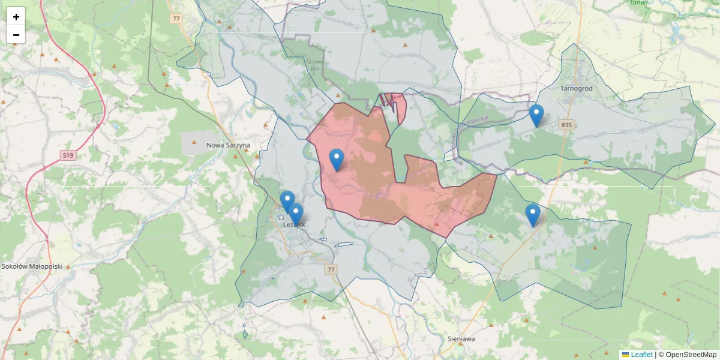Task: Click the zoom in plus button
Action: pyautogui.click(x=16, y=17)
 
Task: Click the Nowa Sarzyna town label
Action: pyautogui.click(x=228, y=145)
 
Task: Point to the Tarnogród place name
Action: pyautogui.click(x=576, y=88)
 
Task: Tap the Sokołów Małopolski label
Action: pyautogui.click(x=32, y=266)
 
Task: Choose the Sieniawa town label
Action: pyautogui.click(x=461, y=338)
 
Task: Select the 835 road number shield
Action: pyautogui.click(x=566, y=125)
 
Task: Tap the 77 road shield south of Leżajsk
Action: pyautogui.click(x=331, y=270)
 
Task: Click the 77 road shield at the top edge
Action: pyautogui.click(x=176, y=19)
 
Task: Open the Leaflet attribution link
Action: pyautogui.click(x=641, y=355)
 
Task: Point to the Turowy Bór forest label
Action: pyautogui.click(x=314, y=64)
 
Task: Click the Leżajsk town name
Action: pyautogui.click(x=294, y=224)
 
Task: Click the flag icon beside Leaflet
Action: pyautogui.click(x=625, y=355)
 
